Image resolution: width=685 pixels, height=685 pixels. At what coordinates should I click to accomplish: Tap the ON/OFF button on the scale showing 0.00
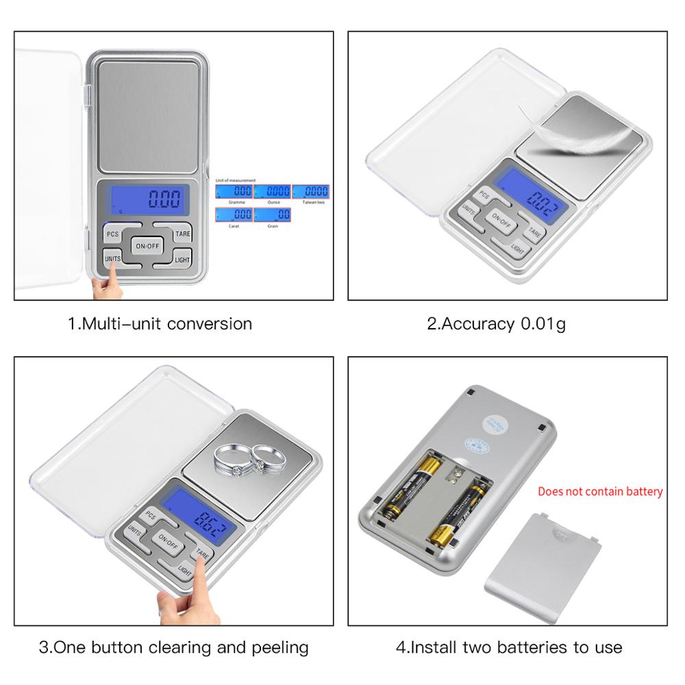[x=147, y=246]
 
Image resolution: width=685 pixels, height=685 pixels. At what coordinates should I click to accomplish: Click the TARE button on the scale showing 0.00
[x=182, y=234]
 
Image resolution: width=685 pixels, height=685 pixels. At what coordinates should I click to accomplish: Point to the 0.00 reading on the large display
[x=164, y=199]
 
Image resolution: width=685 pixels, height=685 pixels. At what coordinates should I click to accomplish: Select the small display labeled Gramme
[x=234, y=192]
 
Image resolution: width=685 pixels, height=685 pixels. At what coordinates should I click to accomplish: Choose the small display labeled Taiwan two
[x=310, y=192]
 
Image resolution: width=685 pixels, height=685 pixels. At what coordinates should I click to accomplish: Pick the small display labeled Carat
[x=234, y=215]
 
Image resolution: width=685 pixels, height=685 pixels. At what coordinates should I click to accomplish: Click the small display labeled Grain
[x=273, y=215]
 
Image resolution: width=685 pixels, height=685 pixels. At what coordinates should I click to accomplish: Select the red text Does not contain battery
[x=600, y=491]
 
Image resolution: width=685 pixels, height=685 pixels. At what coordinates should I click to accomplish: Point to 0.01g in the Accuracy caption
[x=543, y=323]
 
